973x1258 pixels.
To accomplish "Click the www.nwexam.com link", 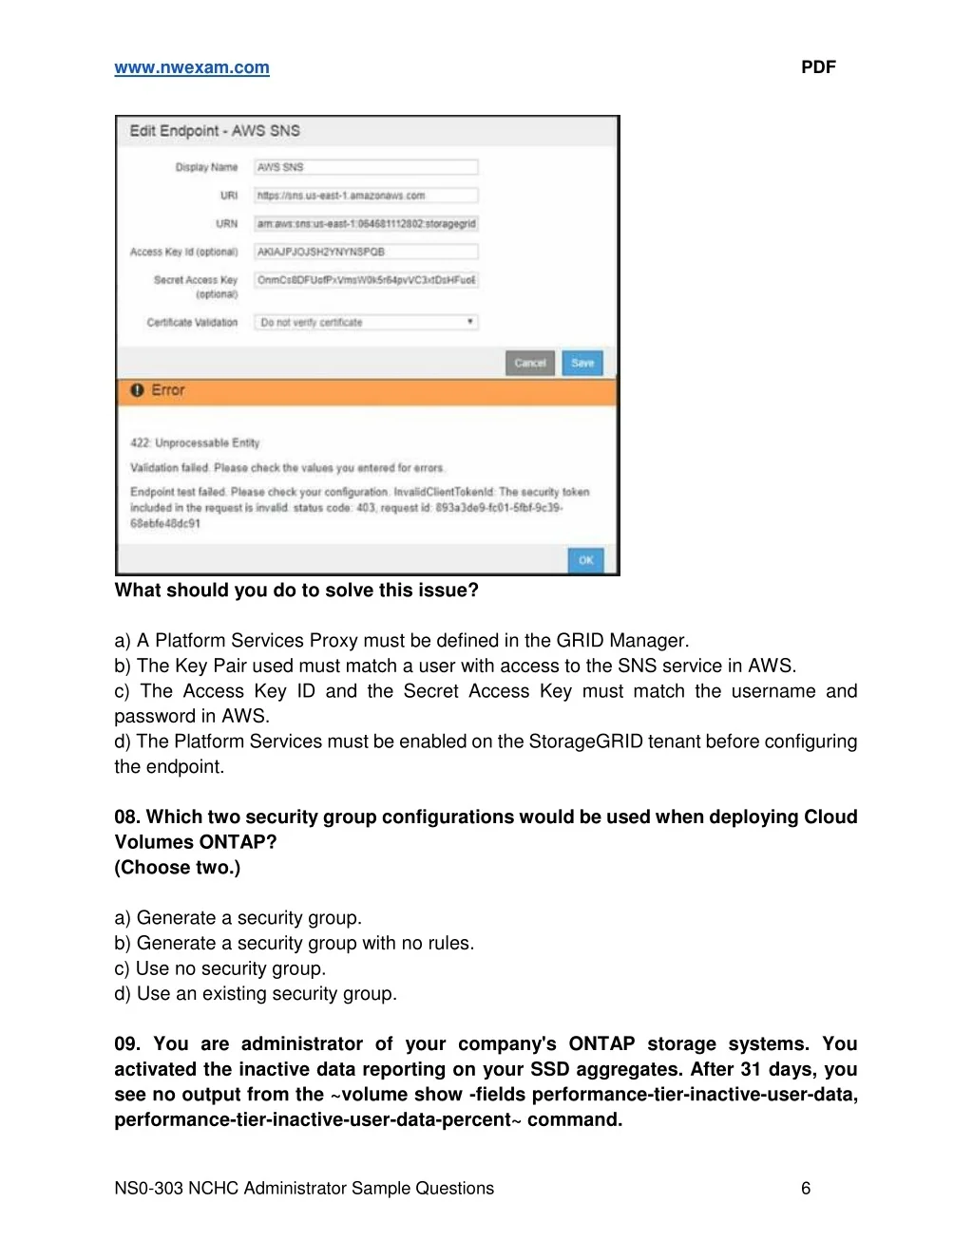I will click(192, 67).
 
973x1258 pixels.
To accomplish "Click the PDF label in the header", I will click(818, 67).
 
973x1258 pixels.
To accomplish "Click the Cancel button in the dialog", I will click(530, 363).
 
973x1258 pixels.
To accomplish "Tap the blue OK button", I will click(585, 560).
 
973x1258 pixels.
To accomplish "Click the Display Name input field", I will click(366, 167).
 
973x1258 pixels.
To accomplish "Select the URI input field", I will click(366, 196).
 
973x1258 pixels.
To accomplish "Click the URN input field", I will click(366, 224).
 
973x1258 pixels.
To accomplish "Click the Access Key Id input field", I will click(366, 253).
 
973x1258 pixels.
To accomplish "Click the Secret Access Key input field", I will click(366, 280).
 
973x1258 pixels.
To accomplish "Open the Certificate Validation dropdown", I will click(366, 323).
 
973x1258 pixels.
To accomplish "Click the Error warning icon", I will click(137, 390).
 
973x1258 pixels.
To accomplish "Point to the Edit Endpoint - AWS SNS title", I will click(215, 131).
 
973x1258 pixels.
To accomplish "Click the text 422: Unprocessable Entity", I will click(195, 442).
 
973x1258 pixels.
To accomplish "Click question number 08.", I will click(126, 817).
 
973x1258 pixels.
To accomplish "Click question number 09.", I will click(126, 1043).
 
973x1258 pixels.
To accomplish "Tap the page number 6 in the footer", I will click(806, 1188).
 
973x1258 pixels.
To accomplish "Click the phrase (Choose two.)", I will click(178, 867).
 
